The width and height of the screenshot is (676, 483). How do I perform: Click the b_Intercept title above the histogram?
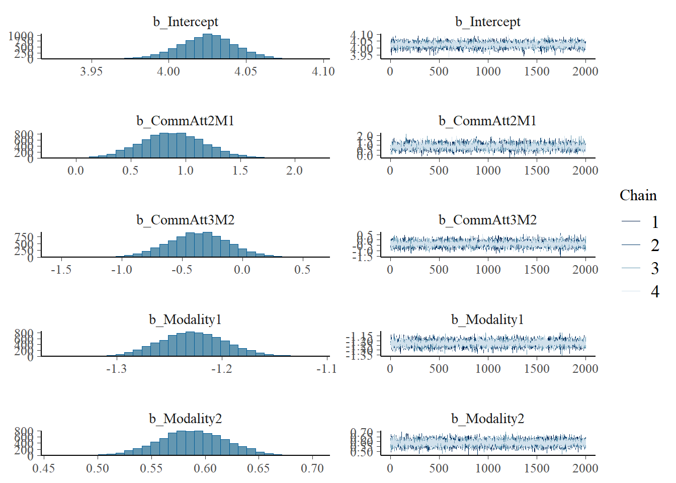186,22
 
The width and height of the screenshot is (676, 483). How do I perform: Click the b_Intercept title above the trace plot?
487,22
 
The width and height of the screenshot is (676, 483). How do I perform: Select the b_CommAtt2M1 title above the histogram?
186,121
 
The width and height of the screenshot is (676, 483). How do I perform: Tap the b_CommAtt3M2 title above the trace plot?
487,220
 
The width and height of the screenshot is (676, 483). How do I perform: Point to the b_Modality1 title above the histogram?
186,319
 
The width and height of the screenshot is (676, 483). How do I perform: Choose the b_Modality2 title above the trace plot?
487,419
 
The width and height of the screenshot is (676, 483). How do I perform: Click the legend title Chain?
638,195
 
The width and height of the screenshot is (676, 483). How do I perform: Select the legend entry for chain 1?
654,222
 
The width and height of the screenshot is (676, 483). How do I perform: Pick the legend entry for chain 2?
654,245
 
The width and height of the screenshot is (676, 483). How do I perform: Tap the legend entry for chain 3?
654,268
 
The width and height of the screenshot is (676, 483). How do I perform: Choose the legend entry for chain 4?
654,291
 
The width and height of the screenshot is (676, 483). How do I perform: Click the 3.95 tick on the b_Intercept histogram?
91,71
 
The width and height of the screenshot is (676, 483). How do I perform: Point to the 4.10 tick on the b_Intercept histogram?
323,71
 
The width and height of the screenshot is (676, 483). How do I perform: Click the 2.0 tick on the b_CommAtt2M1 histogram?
294,171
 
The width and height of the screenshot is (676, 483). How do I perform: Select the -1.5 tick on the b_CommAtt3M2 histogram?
61,270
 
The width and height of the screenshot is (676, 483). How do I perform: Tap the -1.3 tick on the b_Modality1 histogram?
116,369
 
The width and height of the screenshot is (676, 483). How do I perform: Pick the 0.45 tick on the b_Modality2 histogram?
44,468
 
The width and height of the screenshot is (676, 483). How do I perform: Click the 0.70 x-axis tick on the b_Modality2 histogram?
312,468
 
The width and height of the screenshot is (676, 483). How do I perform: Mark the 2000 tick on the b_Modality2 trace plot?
585,468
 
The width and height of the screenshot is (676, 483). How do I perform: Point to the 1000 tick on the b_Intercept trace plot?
488,71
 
